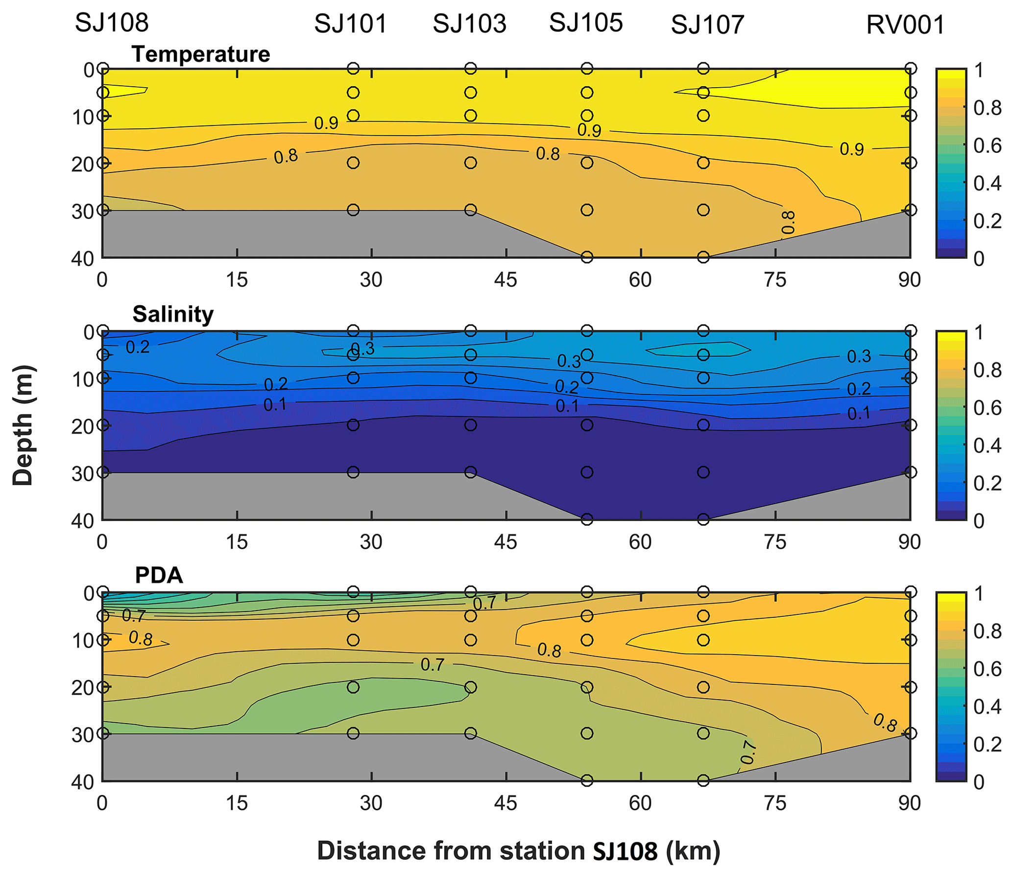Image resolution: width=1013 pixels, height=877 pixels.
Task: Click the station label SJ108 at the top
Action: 112,23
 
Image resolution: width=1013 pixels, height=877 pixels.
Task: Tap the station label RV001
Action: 905,25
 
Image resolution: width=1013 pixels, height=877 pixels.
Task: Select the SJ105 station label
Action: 586,23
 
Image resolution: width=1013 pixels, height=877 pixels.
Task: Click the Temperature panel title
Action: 201,54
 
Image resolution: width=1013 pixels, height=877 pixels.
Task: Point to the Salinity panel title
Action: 173,314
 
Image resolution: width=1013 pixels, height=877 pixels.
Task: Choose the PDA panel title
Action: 159,575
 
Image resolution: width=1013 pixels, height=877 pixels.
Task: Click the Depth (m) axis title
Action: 23,425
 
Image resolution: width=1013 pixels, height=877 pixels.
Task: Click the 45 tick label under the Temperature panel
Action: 506,280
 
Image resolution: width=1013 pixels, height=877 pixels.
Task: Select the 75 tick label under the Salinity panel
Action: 775,542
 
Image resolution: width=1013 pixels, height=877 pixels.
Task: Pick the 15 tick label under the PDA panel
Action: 237,803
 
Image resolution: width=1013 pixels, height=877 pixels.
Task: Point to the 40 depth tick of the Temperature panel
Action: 82,259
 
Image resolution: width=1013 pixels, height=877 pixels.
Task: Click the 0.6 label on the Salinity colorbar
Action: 987,408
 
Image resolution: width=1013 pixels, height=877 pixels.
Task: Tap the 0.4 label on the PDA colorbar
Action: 987,706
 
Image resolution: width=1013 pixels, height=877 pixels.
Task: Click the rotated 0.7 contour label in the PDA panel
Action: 748,753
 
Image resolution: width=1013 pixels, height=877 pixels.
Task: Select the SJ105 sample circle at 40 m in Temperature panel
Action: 587,257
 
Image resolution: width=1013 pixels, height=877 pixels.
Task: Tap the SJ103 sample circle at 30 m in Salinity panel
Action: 470,472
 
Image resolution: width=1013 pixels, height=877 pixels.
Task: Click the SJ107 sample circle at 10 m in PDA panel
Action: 703,640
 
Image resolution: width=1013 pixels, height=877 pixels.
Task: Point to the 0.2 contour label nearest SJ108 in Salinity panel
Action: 137,347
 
